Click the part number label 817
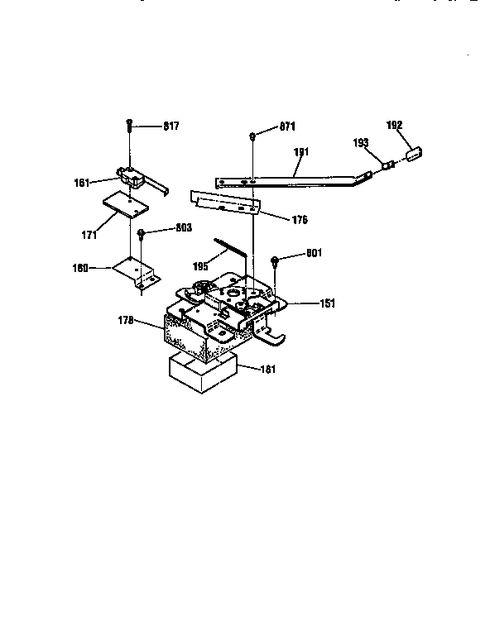point(171,126)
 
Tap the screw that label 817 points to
point(130,126)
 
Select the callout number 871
point(287,126)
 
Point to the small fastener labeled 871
point(252,133)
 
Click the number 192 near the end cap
point(395,125)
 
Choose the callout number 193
point(361,143)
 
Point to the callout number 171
point(89,236)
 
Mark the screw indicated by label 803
point(142,235)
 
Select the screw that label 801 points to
point(276,262)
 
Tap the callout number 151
point(328,303)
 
